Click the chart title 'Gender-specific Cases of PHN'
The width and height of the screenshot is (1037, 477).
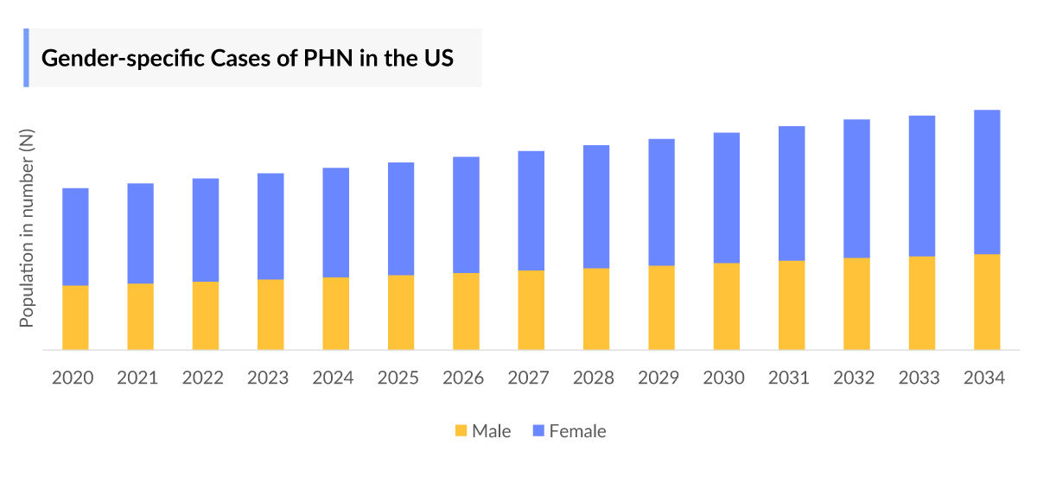tap(248, 58)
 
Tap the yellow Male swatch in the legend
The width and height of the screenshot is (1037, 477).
tap(461, 430)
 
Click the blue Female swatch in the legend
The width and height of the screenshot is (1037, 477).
tap(538, 430)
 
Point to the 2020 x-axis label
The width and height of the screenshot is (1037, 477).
tap(73, 378)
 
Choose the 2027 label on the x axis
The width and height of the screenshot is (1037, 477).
tap(529, 378)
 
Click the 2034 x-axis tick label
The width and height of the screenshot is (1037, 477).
tap(986, 378)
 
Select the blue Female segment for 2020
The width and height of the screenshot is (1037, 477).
tap(75, 236)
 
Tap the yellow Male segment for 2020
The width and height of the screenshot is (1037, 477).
tap(75, 317)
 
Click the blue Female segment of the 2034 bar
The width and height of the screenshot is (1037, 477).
tap(987, 181)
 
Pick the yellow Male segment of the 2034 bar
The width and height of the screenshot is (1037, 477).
tap(987, 302)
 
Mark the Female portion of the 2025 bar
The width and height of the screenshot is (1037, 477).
tap(401, 219)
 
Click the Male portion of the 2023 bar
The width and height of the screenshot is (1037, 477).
tap(270, 315)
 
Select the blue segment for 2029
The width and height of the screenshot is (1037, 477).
tap(662, 201)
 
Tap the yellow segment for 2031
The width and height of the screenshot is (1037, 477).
tap(792, 305)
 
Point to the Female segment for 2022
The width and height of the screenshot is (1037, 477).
tap(206, 230)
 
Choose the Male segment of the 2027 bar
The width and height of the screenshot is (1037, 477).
tap(531, 310)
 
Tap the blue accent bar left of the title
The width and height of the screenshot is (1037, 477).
tap(26, 58)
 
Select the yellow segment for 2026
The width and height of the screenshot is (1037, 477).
tap(467, 311)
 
